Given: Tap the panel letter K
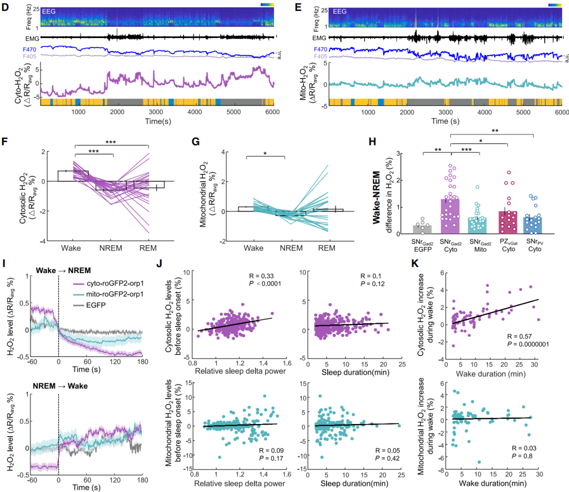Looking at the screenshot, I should coord(416,262).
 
